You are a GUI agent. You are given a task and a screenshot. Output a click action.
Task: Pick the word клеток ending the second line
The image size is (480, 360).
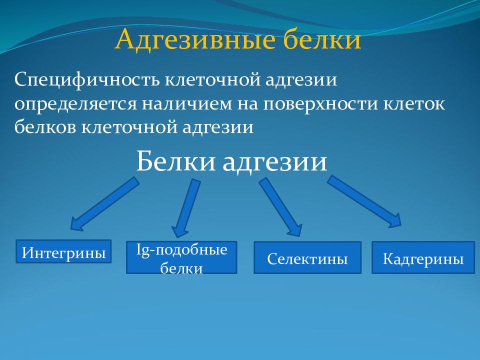point(414,104)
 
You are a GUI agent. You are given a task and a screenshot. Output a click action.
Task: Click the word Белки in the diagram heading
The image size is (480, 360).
point(175,161)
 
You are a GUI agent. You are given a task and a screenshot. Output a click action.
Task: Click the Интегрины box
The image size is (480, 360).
point(63,251)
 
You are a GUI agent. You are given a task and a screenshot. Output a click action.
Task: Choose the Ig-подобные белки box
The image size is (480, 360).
point(181,257)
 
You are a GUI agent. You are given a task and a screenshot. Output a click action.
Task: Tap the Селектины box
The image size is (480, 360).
point(307,257)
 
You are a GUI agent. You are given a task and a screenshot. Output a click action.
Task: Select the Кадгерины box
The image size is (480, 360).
point(423,257)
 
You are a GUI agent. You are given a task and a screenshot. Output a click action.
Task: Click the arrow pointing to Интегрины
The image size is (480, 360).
point(104,204)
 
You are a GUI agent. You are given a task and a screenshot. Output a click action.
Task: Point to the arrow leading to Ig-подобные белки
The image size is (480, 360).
point(186,208)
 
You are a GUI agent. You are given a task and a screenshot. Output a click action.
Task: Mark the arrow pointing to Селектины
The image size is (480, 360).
point(280,207)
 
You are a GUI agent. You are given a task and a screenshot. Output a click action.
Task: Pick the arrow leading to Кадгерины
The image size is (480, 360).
point(364,201)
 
